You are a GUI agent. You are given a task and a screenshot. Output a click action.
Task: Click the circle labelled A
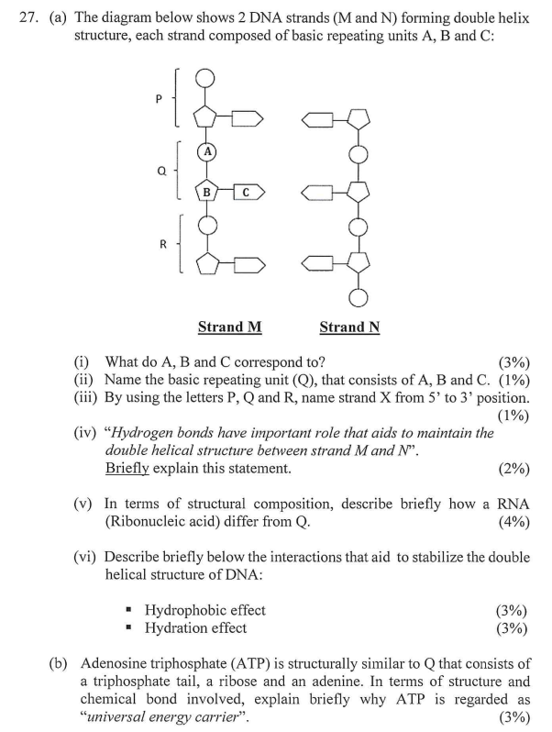pos(208,151)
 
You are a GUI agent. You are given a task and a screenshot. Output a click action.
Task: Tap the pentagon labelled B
pos(208,192)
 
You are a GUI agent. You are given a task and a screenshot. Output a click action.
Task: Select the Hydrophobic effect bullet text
pos(204,610)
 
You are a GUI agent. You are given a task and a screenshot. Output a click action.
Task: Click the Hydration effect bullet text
pos(195,627)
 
